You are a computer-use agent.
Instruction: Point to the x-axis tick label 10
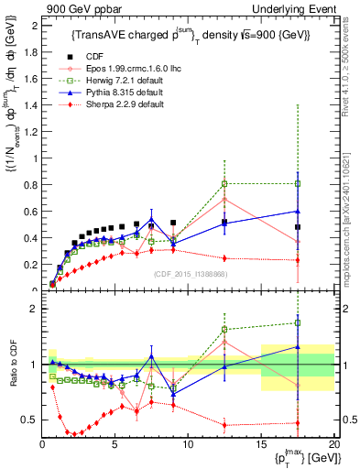[x=188, y=445]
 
